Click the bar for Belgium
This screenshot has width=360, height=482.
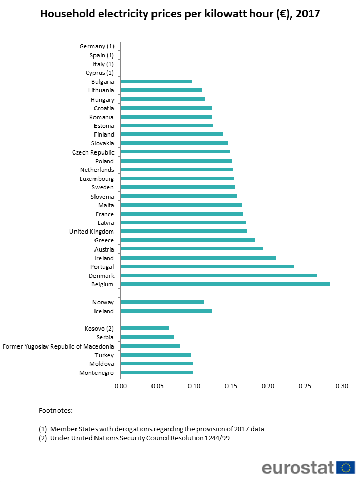225,284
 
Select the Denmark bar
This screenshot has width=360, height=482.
218,275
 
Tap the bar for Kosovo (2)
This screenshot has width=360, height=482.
144,328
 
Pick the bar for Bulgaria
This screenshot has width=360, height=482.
156,81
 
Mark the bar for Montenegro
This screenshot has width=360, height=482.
157,372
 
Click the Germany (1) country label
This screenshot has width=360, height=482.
97,46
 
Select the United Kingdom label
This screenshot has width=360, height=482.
91,232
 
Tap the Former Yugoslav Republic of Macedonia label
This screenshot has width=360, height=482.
59,346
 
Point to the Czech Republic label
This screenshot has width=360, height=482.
93,152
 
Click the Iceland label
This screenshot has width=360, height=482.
104,311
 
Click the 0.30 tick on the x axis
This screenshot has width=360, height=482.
342,385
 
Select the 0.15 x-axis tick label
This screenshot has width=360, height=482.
231,385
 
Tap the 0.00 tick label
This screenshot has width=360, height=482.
120,385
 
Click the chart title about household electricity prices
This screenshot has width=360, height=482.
180,14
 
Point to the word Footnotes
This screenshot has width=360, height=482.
55,410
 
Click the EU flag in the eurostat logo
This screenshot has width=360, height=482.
347,468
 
